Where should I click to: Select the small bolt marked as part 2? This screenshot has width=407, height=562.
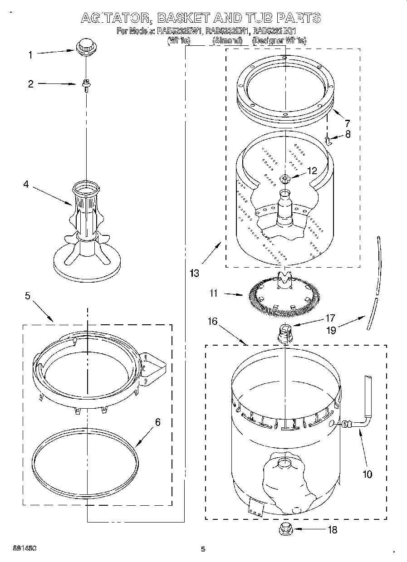point(86,84)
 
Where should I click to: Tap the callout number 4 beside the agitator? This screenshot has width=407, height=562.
point(26,184)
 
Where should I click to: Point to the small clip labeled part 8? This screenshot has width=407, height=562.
point(329,141)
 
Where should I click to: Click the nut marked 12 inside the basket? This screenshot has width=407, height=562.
point(285,178)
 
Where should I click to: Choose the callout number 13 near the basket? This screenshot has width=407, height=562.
point(194,273)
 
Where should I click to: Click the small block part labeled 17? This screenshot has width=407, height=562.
point(284,333)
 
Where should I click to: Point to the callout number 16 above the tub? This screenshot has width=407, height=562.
point(212,322)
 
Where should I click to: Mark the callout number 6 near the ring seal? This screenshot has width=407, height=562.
point(157,422)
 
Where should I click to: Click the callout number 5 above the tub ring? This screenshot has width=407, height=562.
point(28,296)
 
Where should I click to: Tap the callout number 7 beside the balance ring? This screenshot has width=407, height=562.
point(347,122)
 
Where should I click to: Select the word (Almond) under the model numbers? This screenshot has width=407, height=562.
point(227,41)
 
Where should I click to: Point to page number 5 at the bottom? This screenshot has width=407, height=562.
point(203,549)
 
